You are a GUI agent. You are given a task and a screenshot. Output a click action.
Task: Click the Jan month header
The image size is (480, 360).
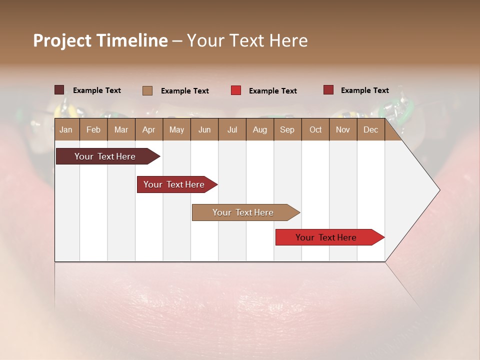pos(66,129)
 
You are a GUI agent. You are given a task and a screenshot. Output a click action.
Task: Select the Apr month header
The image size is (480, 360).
pos(148,129)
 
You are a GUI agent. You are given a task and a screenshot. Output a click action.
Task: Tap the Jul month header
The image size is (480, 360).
pos(232,129)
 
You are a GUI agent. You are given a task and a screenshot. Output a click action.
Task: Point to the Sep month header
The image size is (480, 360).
pos(287,129)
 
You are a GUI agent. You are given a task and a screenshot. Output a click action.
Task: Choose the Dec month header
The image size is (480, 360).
pos(370,129)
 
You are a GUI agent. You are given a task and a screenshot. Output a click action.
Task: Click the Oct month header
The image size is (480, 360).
pos(315,129)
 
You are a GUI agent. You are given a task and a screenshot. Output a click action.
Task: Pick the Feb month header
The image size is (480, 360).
pos(93,129)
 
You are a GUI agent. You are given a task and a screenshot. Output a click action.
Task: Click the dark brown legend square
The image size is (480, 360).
pos(59,90)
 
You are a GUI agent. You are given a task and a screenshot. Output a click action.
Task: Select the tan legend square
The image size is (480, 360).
pos(147,90)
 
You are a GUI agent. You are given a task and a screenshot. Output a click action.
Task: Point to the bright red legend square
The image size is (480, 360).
pos(235,90)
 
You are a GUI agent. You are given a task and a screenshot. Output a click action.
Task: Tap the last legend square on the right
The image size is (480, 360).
pos(328,90)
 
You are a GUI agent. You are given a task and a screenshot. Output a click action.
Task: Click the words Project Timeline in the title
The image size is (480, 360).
pos(100,40)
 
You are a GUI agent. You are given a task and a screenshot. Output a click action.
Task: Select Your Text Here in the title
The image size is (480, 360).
pos(247,40)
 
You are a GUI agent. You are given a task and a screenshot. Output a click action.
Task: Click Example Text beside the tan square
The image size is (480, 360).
pos(184,91)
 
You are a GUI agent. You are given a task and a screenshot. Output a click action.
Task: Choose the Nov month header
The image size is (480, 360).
pos(342,129)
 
